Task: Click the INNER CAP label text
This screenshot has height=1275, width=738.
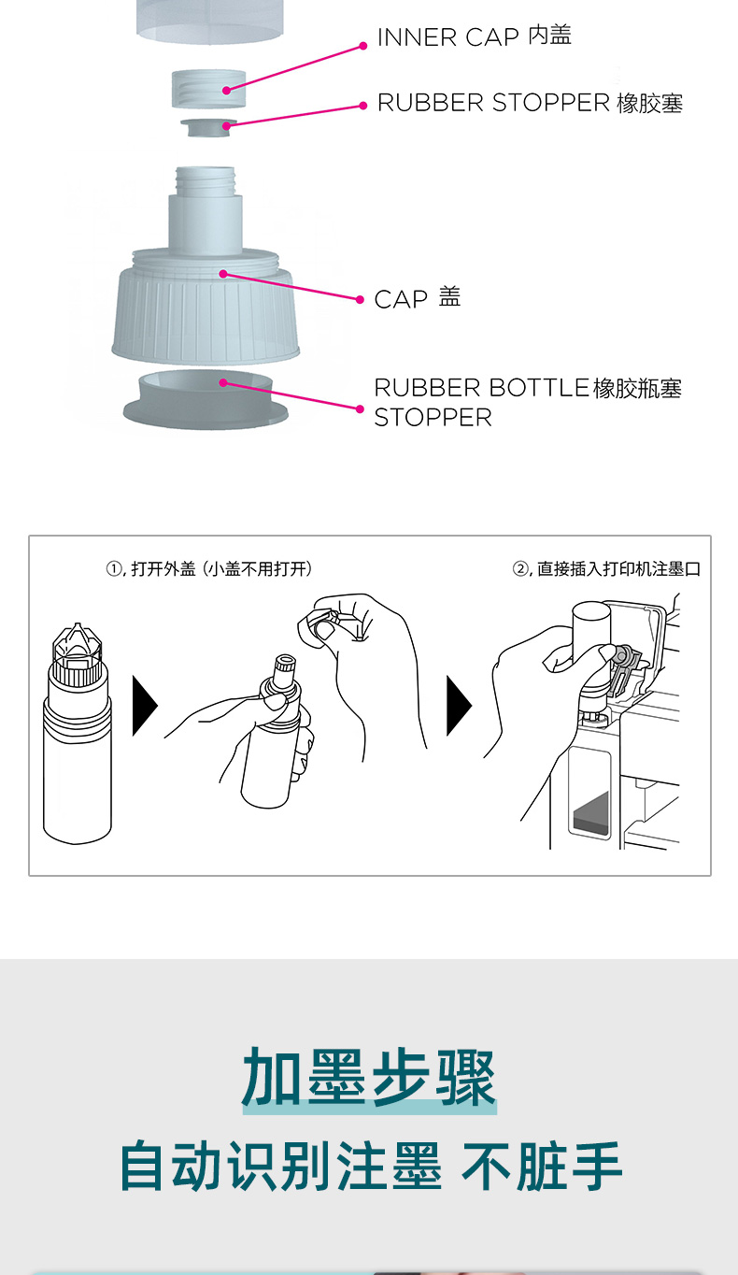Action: [x=474, y=36]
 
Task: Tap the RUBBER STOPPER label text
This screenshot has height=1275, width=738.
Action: [x=530, y=103]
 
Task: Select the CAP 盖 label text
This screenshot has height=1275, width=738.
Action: [x=417, y=298]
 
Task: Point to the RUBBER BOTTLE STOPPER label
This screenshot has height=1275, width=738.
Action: [x=527, y=402]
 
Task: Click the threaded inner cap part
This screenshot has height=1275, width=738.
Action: [x=209, y=89]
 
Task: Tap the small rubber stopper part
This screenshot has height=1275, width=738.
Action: [x=208, y=126]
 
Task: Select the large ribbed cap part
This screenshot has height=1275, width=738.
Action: [x=206, y=308]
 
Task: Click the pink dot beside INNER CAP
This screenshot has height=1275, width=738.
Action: [x=363, y=45]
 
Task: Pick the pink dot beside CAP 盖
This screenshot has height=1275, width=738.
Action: [x=361, y=299]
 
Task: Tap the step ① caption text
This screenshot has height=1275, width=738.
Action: [x=209, y=569]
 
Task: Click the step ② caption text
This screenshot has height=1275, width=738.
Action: [x=606, y=569]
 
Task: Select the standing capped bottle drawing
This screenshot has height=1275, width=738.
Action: [x=77, y=738]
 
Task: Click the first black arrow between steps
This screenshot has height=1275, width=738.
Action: [x=145, y=706]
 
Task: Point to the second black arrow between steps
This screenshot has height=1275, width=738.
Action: [x=459, y=706]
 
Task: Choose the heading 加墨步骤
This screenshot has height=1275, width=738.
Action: [x=369, y=1078]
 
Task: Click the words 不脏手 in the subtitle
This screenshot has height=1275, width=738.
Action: [x=542, y=1166]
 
